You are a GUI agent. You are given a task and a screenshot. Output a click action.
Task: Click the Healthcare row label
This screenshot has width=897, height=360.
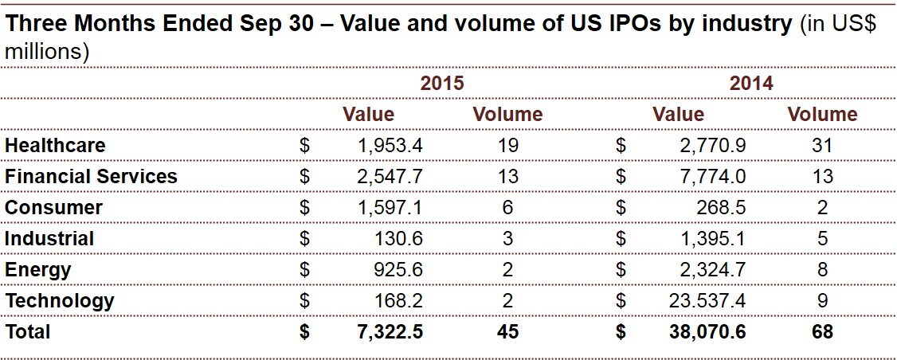[55, 146]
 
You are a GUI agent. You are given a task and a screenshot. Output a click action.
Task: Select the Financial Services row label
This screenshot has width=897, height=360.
[91, 177]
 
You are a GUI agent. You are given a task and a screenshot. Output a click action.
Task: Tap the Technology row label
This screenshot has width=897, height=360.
[60, 301]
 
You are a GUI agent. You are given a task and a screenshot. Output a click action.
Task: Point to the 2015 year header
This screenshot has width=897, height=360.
[442, 84]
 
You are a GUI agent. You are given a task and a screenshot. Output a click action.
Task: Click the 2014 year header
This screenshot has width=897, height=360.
[751, 84]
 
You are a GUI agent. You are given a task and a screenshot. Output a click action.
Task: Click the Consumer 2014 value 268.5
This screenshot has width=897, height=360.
[722, 208]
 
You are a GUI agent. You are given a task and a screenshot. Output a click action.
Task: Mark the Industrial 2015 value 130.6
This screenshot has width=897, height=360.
[398, 239]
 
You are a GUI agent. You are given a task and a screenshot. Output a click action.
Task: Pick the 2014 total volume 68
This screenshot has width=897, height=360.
[822, 332]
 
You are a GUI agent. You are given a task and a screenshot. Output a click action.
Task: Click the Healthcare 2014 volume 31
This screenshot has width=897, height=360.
[822, 146]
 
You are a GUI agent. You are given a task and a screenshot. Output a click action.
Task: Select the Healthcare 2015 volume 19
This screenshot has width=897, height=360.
[507, 146]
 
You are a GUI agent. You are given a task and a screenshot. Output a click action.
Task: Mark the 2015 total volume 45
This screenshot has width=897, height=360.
[507, 332]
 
